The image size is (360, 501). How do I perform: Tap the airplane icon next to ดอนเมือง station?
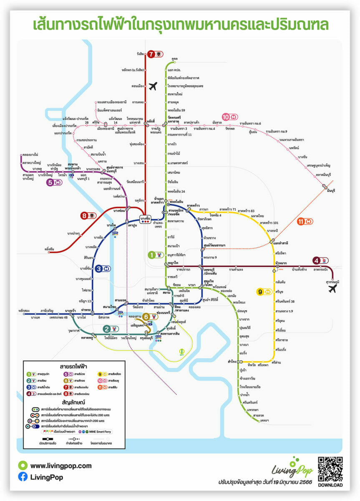153,86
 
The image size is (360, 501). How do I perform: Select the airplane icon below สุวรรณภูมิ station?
332,289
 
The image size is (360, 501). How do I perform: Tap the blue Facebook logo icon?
23,476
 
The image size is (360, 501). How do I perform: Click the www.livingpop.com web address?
61,466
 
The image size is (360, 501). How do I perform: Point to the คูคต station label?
174,59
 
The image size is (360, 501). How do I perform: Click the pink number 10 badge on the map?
227,117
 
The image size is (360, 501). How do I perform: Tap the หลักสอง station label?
24,310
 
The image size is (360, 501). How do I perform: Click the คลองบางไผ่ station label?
30,154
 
